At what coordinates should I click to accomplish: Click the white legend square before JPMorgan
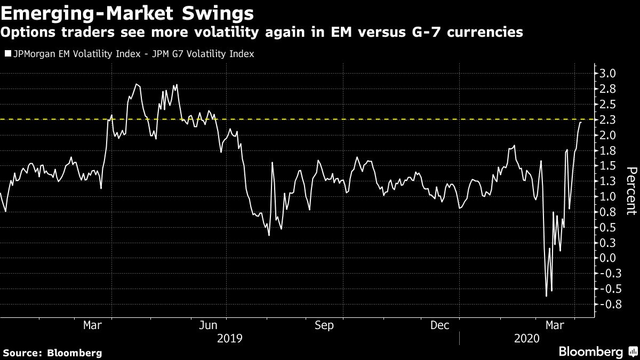click(x=7, y=54)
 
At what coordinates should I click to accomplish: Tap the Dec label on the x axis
click(x=441, y=325)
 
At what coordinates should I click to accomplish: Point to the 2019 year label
click(x=230, y=338)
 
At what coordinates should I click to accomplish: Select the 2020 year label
click(x=526, y=338)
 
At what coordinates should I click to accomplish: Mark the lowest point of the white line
click(x=546, y=296)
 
